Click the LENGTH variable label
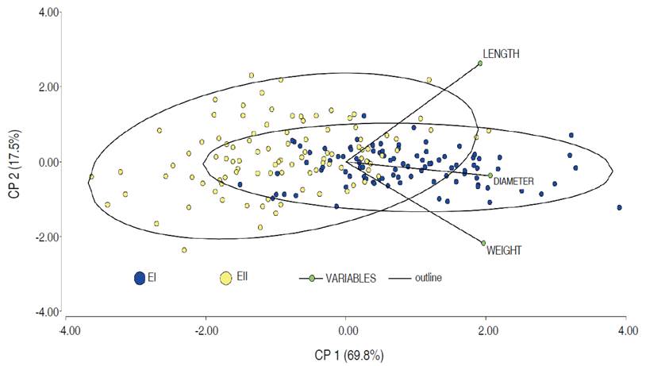click(x=501, y=54)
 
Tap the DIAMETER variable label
click(x=513, y=181)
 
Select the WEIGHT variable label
click(x=503, y=250)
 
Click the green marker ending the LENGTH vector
click(x=480, y=64)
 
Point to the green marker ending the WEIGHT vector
click(x=483, y=243)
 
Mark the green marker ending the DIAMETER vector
click(x=490, y=175)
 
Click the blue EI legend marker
click(x=140, y=277)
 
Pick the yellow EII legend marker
click(x=225, y=277)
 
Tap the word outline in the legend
click(x=427, y=278)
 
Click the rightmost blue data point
click(x=619, y=207)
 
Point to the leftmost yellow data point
click(x=91, y=177)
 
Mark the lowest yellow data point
click(x=184, y=250)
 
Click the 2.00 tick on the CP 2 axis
click(x=50, y=87)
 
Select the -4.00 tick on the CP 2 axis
click(x=48, y=311)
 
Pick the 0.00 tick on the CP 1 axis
click(x=346, y=329)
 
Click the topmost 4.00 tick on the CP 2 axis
click(x=50, y=13)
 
